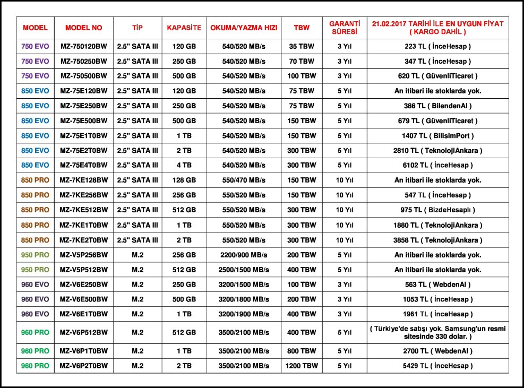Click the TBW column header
click(x=302, y=28)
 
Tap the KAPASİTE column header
click(x=184, y=28)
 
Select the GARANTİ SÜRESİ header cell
click(x=345, y=28)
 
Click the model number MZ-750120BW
click(x=83, y=46)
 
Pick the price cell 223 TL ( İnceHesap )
click(x=437, y=46)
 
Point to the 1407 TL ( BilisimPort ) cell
click(x=437, y=135)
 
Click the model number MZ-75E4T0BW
click(x=83, y=165)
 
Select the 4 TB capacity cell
click(x=184, y=165)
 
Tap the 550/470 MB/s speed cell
click(x=243, y=180)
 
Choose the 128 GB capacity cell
click(x=184, y=180)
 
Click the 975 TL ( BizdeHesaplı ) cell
click(x=437, y=210)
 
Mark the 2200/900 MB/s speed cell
click(x=243, y=255)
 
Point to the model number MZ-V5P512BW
click(x=83, y=270)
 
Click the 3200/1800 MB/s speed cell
click(x=243, y=299)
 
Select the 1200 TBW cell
click(x=302, y=366)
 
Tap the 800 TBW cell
click(x=302, y=351)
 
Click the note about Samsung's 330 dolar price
click(x=437, y=332)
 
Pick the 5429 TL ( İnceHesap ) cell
click(x=437, y=366)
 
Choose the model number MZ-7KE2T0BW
click(x=83, y=240)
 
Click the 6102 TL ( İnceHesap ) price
click(x=437, y=165)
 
